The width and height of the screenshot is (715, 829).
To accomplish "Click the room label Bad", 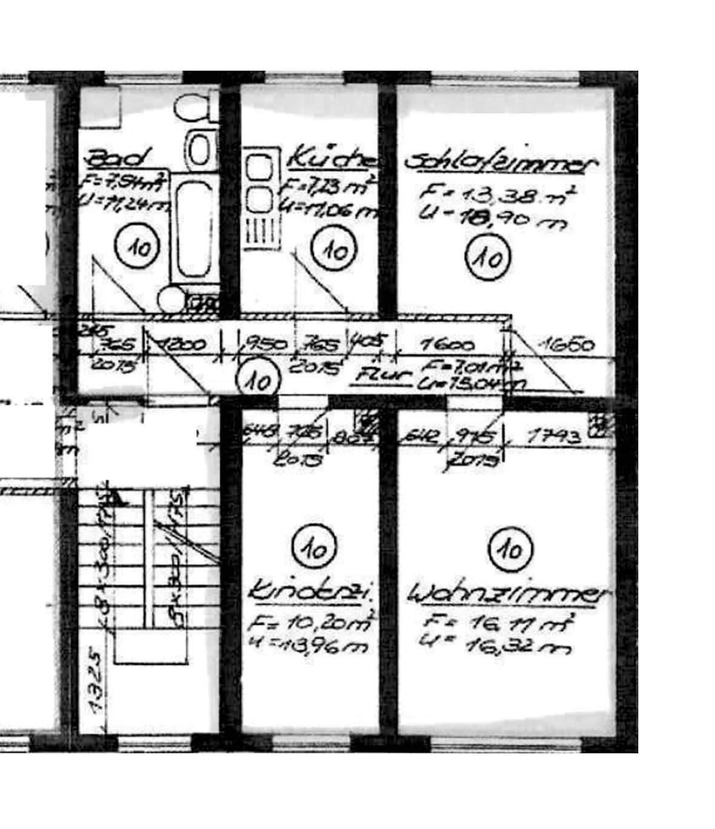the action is (117, 159).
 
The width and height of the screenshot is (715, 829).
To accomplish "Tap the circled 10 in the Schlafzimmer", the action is (488, 257).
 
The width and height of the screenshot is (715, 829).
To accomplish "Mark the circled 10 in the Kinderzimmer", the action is (314, 548).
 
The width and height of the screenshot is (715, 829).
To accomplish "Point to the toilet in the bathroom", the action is (194, 109).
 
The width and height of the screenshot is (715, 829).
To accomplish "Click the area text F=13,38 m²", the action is (498, 195).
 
